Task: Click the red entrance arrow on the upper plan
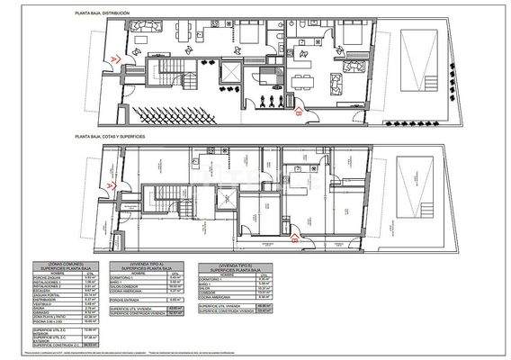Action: (111, 58)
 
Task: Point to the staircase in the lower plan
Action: (166, 200)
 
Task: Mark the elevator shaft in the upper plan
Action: (225, 73)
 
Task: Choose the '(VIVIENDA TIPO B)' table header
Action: (233, 265)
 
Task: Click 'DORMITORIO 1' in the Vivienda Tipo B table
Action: (214, 279)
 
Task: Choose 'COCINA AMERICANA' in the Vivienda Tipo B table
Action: (217, 295)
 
